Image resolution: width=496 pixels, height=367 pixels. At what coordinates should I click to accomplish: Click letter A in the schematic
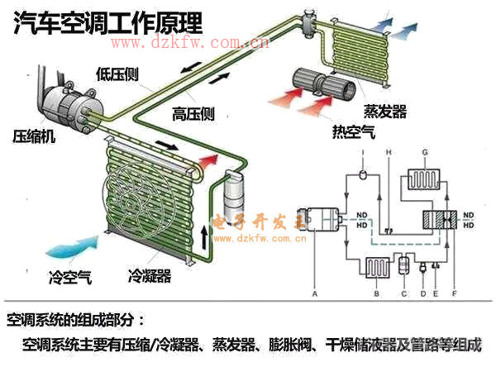[314, 293]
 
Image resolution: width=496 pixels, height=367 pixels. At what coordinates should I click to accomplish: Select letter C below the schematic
[403, 293]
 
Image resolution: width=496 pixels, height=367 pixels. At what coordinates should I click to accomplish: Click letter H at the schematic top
[388, 152]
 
